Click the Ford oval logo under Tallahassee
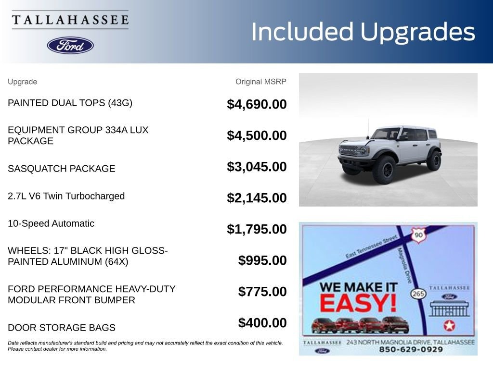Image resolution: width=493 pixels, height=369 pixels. pos(70,46)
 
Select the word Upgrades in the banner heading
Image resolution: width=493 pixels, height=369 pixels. pos(417,33)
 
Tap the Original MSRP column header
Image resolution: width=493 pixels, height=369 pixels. pos(260,82)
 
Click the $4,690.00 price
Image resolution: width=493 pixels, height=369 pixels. pos(257,104)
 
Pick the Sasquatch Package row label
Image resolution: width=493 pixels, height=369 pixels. pos(62,169)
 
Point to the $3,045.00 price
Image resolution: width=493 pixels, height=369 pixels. pos(257,167)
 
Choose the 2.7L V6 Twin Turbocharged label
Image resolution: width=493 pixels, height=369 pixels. pos(66,196)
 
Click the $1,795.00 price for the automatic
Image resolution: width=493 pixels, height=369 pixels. pos(257,229)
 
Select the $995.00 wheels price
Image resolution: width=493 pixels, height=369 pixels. pos(262,260)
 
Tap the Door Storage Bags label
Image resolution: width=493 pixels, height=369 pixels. pos(62,328)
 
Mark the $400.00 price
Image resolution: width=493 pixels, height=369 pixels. pos(262,323)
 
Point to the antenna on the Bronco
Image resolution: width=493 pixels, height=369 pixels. pos(368,129)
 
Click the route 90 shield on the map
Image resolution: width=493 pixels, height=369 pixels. pos(418,235)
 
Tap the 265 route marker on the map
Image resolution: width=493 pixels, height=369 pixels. pos(418,294)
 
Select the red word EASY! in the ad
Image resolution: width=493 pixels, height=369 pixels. pos(358,303)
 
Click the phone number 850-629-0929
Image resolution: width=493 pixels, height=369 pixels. pos(411,350)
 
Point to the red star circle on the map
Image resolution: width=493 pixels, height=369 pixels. pos(449,326)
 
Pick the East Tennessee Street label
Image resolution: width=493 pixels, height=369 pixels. pos(371,247)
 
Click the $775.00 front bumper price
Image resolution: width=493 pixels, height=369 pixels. pos(262,292)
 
